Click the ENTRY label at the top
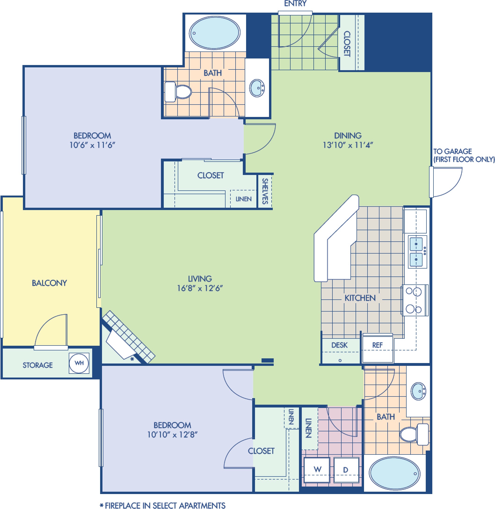(295, 4)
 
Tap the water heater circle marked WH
(79, 363)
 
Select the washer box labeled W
(317, 470)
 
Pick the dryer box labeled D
(346, 470)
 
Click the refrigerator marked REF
(378, 349)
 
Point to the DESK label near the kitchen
(339, 345)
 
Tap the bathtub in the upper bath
(215, 33)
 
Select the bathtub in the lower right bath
(395, 473)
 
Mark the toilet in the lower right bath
(414, 434)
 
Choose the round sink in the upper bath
(257, 88)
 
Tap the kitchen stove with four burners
(415, 300)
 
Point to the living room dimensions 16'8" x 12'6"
(200, 288)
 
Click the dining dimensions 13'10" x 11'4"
(348, 145)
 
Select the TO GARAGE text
(453, 151)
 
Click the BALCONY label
(49, 283)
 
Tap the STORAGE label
(38, 365)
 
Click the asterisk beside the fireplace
(132, 359)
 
